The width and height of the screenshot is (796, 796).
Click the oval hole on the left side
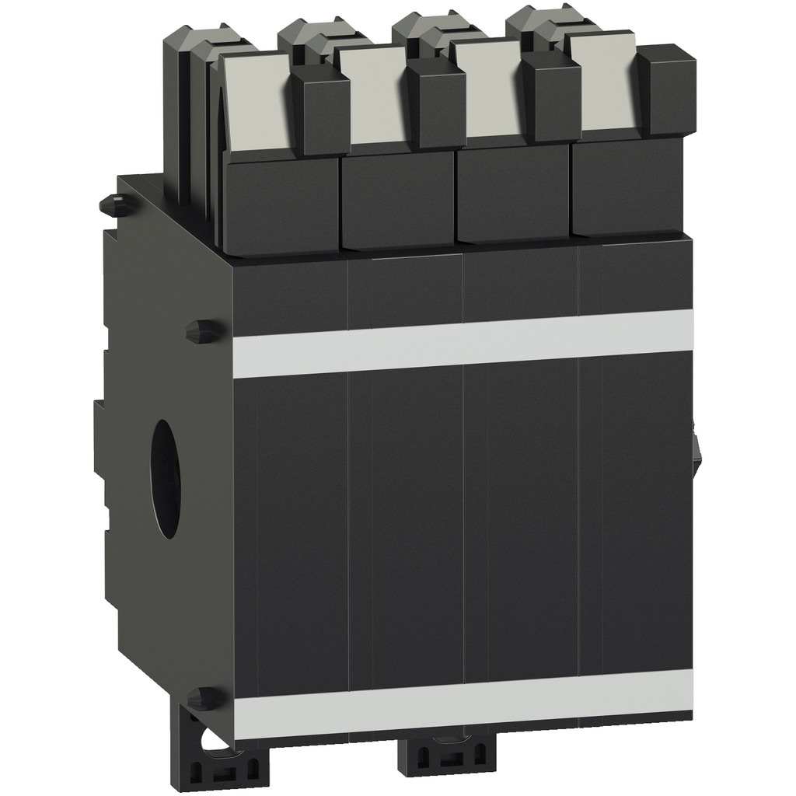coord(165,478)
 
